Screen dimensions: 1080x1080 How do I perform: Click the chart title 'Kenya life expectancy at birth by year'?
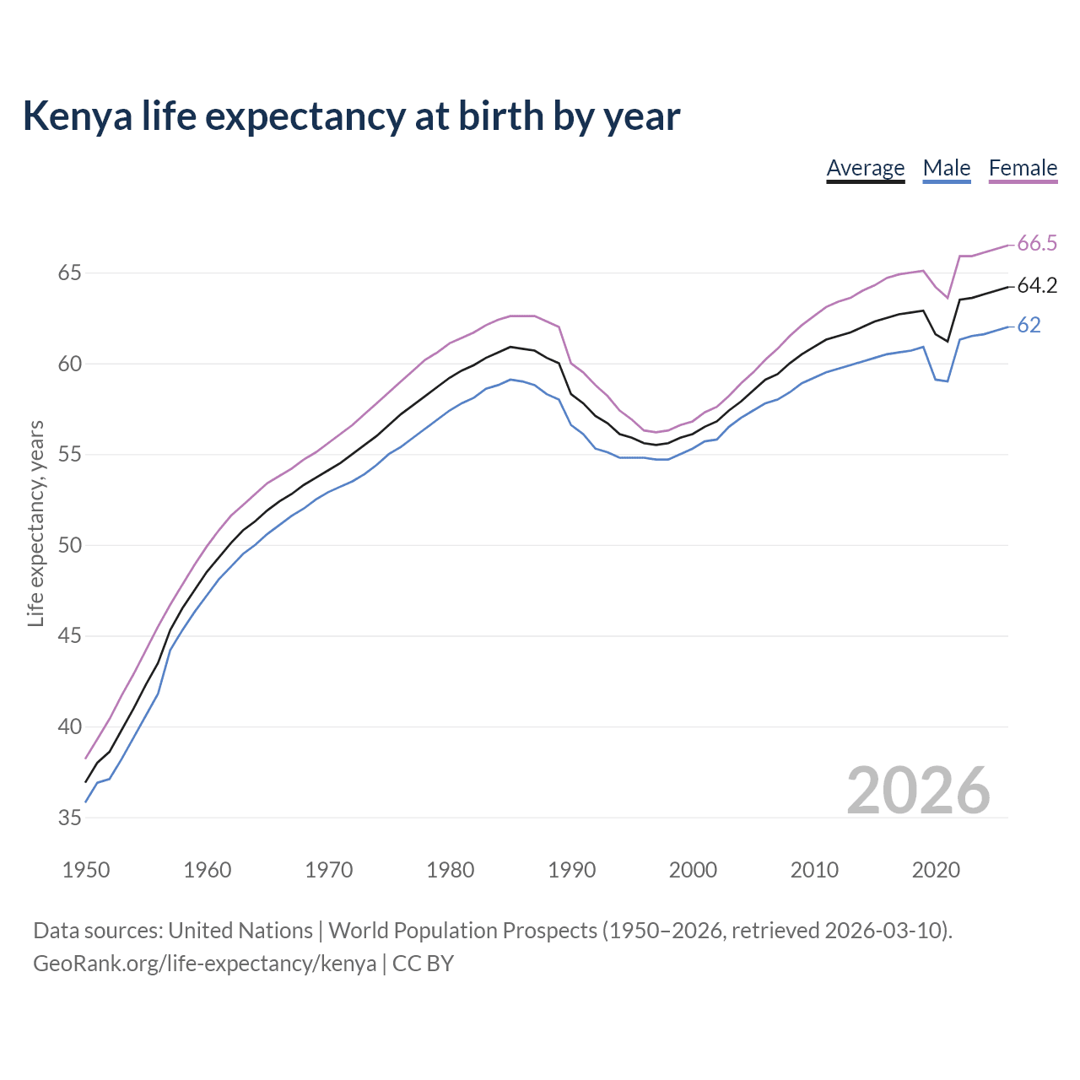pyautogui.click(x=351, y=116)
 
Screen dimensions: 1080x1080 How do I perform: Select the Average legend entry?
pyautogui.click(x=865, y=168)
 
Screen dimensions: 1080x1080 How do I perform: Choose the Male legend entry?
pyautogui.click(x=947, y=168)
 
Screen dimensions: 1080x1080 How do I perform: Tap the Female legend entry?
pyautogui.click(x=1023, y=168)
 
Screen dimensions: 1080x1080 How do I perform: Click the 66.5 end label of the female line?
pyautogui.click(x=1037, y=244)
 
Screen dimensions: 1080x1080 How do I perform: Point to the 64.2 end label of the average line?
pyautogui.click(x=1037, y=286)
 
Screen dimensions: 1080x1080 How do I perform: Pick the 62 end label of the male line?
pyautogui.click(x=1029, y=325)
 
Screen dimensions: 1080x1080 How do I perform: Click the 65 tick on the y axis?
pyautogui.click(x=69, y=273)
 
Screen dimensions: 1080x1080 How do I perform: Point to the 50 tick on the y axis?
pyautogui.click(x=69, y=545)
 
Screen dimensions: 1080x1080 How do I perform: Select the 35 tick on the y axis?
pyautogui.click(x=69, y=818)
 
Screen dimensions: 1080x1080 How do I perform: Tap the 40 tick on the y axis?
pyautogui.click(x=69, y=726)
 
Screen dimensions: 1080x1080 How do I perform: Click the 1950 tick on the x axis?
pyautogui.click(x=86, y=870)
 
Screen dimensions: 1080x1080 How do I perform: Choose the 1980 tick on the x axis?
pyautogui.click(x=450, y=870)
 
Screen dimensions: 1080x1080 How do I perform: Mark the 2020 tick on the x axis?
pyautogui.click(x=936, y=870)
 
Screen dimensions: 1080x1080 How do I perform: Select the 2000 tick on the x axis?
pyautogui.click(x=693, y=870)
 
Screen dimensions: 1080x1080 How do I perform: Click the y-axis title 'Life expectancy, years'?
pyautogui.click(x=35, y=523)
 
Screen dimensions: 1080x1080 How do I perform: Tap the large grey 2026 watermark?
pyautogui.click(x=918, y=791)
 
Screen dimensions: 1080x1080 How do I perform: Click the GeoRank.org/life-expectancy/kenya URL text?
pyautogui.click(x=204, y=963)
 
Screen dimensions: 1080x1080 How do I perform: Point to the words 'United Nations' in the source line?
pyautogui.click(x=240, y=931)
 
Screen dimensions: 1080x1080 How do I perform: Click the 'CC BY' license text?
pyautogui.click(x=424, y=963)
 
